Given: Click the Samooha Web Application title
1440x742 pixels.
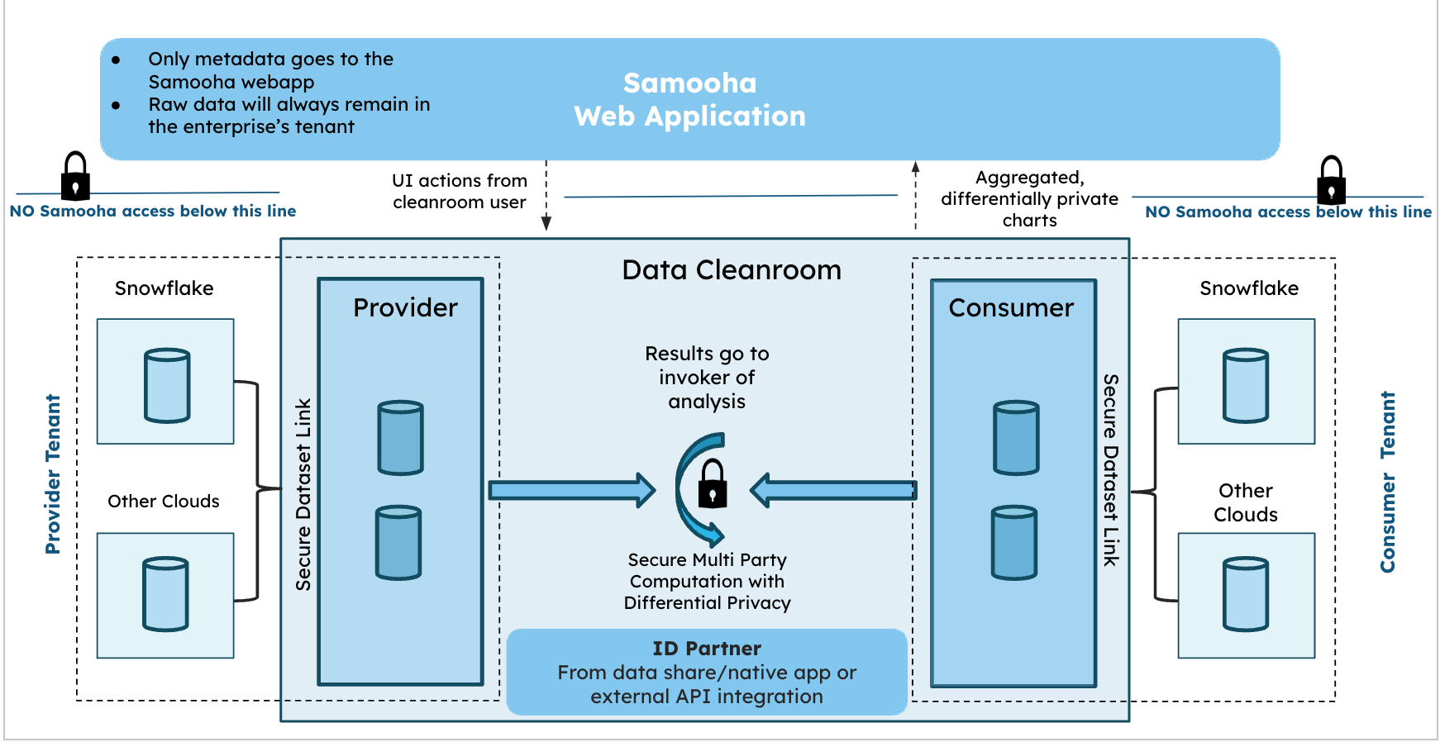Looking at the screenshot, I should [689, 99].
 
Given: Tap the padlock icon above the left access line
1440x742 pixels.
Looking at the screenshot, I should [75, 176].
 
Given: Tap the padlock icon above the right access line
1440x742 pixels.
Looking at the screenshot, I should [1331, 180].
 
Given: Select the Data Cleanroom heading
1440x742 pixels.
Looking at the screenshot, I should [732, 270].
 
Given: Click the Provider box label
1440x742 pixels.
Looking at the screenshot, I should [405, 307].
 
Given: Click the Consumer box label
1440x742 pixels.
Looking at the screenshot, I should [1011, 307].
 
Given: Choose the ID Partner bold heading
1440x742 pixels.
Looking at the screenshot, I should [707, 649].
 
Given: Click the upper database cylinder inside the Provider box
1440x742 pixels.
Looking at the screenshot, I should [401, 438].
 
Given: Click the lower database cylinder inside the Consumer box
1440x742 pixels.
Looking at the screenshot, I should [1014, 543].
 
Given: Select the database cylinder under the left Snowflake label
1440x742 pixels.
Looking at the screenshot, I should [167, 385].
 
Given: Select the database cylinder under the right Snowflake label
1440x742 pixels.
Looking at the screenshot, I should [1246, 386].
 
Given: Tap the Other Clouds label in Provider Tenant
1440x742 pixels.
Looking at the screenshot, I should [164, 502].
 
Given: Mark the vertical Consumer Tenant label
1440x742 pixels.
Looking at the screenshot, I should [1388, 482].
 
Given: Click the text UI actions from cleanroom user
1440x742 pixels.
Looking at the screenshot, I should [460, 192].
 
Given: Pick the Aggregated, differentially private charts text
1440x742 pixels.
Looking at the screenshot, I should [1029, 199].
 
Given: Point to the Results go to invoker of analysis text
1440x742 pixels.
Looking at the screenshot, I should [707, 378].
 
